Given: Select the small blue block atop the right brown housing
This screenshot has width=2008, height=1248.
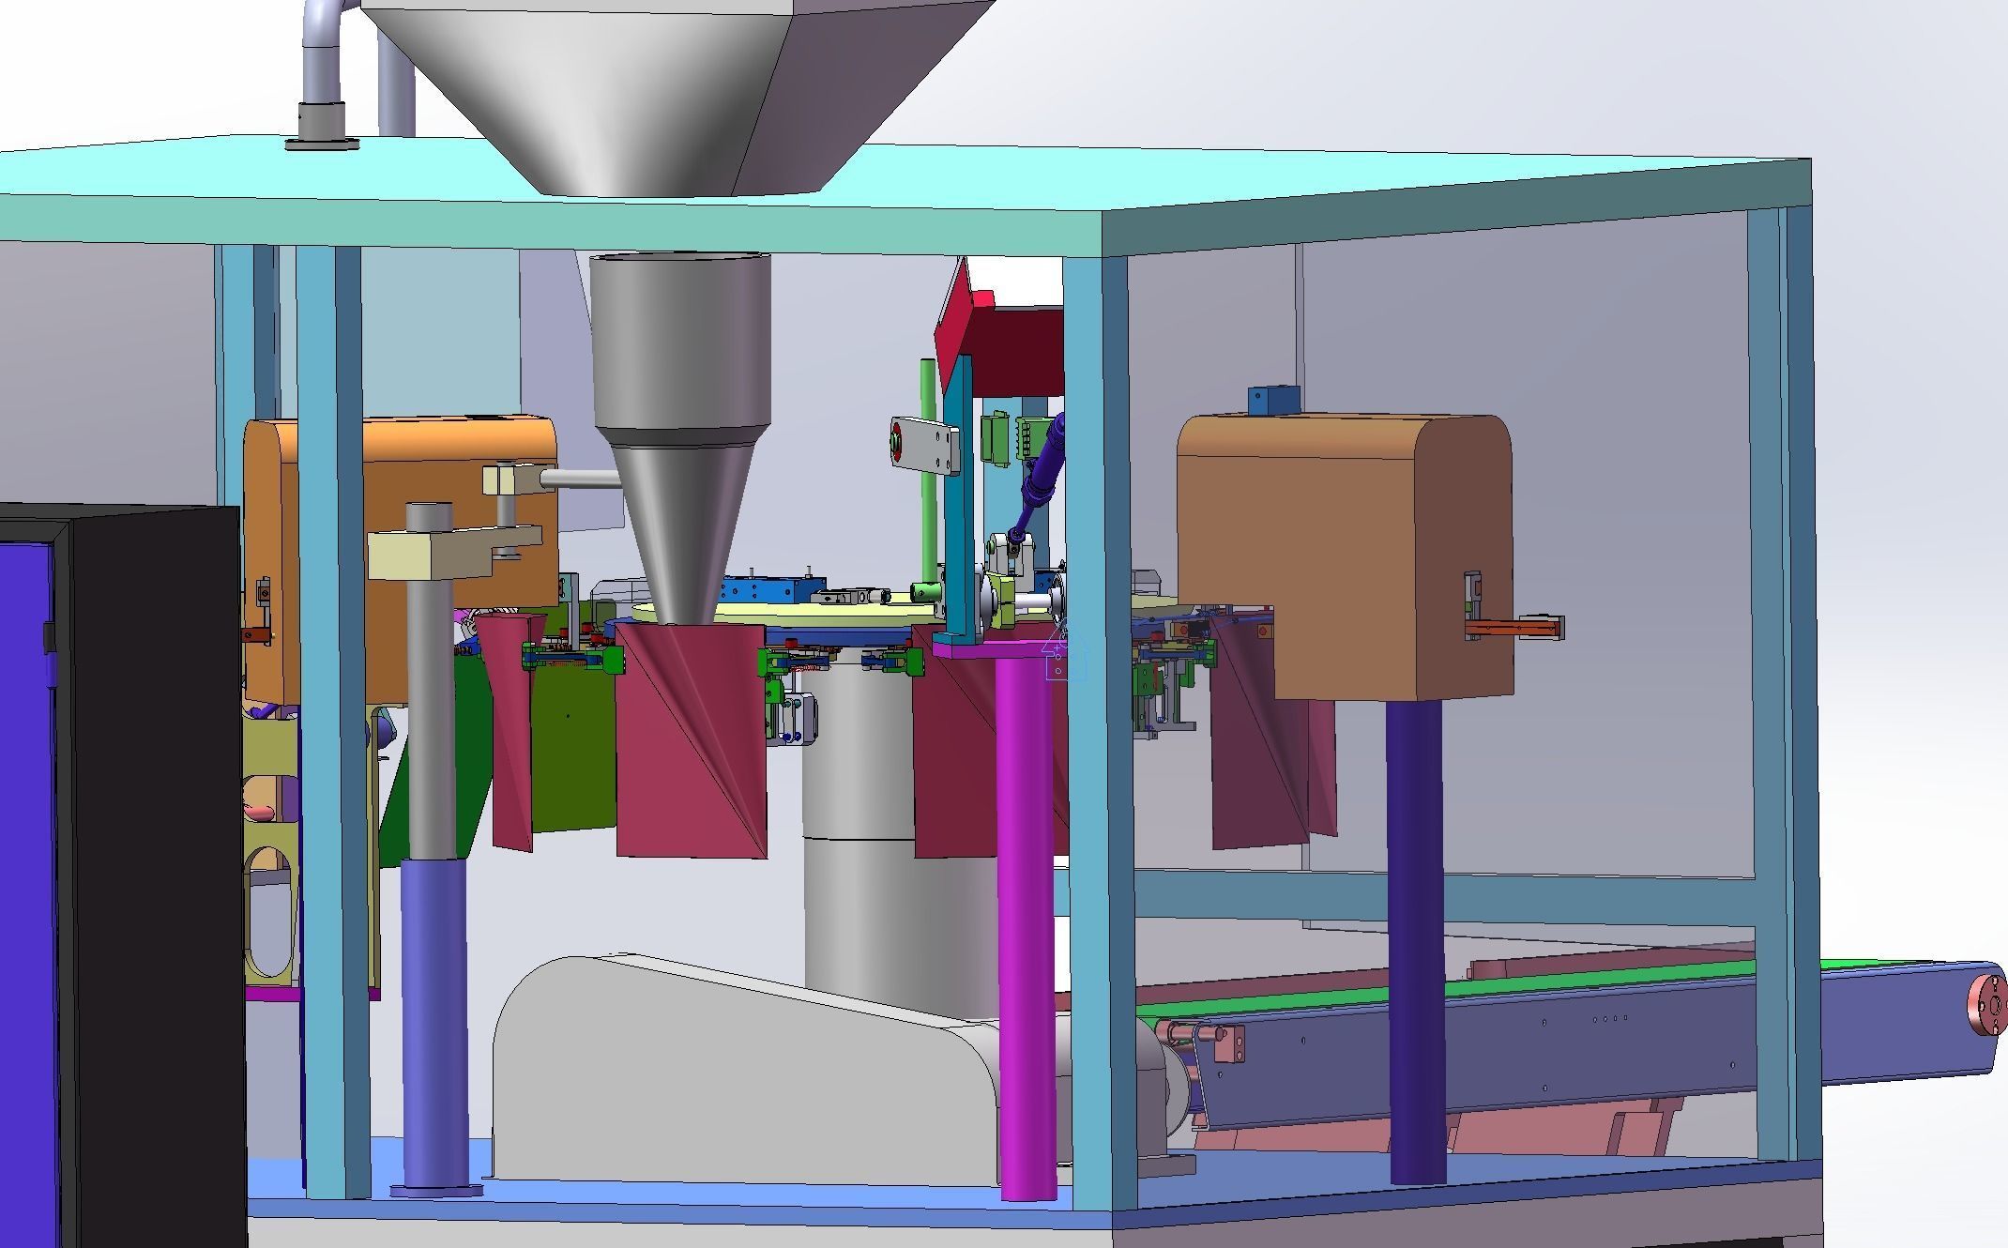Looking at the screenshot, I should [1273, 401].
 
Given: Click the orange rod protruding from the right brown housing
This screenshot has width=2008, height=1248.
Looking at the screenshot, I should [1515, 627].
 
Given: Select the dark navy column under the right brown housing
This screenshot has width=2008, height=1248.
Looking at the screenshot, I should [1415, 938].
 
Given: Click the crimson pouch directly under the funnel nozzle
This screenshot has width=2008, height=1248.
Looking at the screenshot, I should [690, 741].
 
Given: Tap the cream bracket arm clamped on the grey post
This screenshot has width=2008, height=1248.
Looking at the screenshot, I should [450, 554].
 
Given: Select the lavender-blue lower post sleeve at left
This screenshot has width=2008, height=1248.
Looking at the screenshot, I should [433, 1023].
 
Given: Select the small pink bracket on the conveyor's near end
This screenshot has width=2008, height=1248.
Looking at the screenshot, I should [1228, 1043].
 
